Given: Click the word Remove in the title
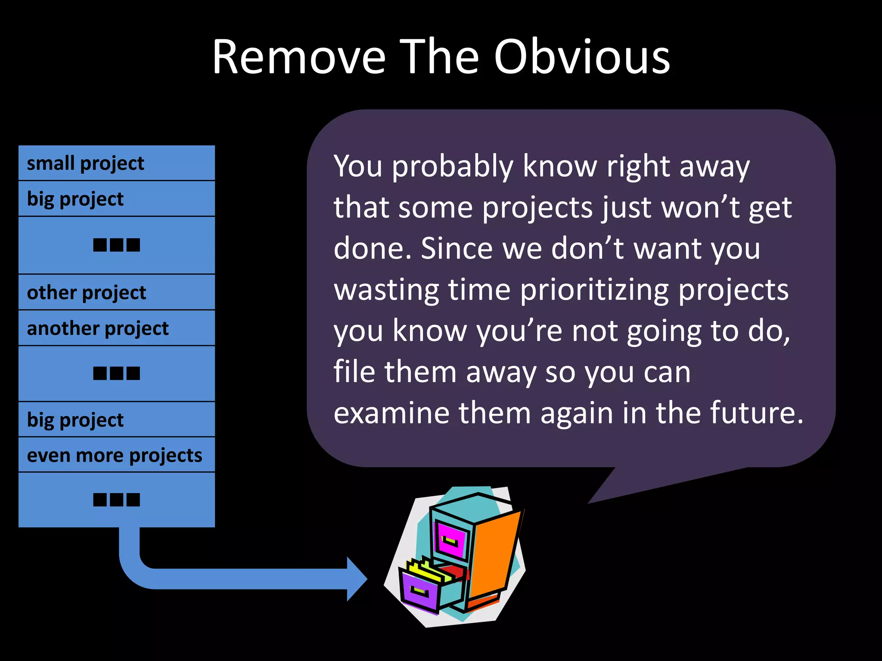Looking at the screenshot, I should (x=299, y=57).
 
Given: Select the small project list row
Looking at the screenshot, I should (x=116, y=163).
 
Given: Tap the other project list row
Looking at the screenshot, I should (x=116, y=292).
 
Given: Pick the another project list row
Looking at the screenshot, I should (x=116, y=328).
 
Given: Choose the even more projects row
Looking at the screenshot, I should (x=116, y=455).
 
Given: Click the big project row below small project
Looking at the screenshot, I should (x=116, y=199).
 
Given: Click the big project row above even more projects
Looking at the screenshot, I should (x=116, y=420).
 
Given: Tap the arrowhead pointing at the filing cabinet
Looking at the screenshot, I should (x=357, y=579).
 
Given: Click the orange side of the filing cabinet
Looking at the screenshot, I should (x=495, y=555).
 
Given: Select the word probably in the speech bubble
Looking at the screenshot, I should (x=452, y=166).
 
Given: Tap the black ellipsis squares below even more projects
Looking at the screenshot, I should (x=116, y=500).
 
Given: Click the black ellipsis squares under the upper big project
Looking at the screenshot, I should (x=116, y=245).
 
